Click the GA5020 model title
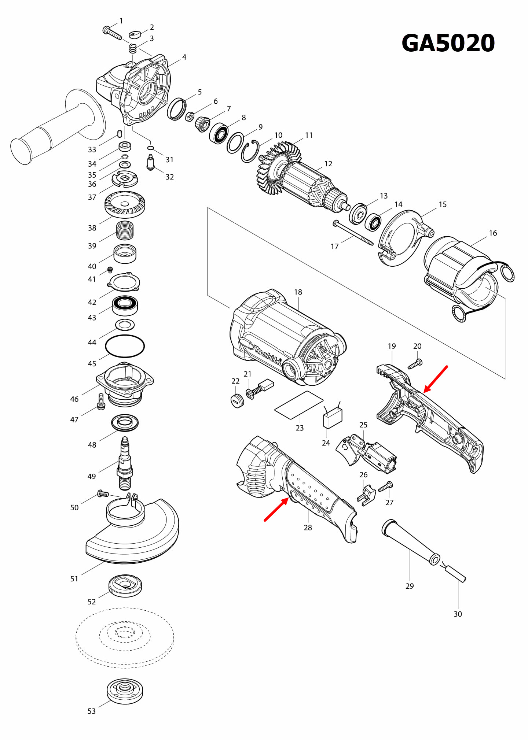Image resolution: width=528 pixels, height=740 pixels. [448, 43]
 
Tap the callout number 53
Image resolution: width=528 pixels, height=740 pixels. [91, 711]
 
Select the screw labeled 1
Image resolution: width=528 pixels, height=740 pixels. [112, 33]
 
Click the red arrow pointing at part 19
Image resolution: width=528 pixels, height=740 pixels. [436, 379]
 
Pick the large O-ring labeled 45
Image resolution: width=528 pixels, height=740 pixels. [125, 346]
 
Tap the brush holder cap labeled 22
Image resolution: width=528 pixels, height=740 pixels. [238, 401]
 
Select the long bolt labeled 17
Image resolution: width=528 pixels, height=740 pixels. [353, 233]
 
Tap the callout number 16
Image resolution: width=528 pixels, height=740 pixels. [493, 233]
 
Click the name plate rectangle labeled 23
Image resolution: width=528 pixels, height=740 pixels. [299, 405]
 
